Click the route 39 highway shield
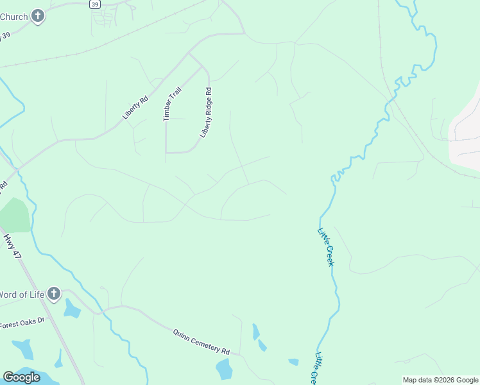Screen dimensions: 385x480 point(95,4)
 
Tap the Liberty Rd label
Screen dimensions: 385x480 point(135,108)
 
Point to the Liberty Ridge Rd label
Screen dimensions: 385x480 point(206,112)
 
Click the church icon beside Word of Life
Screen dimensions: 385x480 point(53,295)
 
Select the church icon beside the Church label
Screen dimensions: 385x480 point(38,15)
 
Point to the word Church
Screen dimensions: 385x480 point(13,15)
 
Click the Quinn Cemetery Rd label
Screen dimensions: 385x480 point(201,342)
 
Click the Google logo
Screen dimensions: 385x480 point(22,377)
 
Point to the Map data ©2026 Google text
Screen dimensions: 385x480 point(440,380)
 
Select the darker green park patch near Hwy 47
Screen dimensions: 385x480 point(14,215)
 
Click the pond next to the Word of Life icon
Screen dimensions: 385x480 point(71,309)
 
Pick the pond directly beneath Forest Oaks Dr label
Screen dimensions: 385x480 point(24,349)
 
